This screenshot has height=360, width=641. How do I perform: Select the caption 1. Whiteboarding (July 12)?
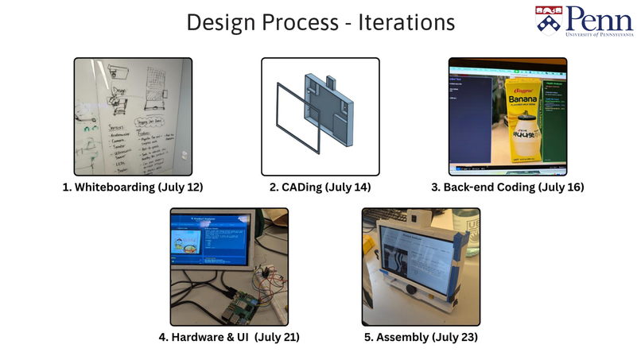coord(134,188)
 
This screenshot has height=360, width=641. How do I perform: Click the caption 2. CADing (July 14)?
coord(320,188)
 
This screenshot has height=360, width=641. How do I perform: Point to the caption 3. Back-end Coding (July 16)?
coord(506,188)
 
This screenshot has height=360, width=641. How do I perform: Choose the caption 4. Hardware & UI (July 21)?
coord(228,337)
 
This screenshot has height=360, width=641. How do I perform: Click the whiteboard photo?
coord(134,116)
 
